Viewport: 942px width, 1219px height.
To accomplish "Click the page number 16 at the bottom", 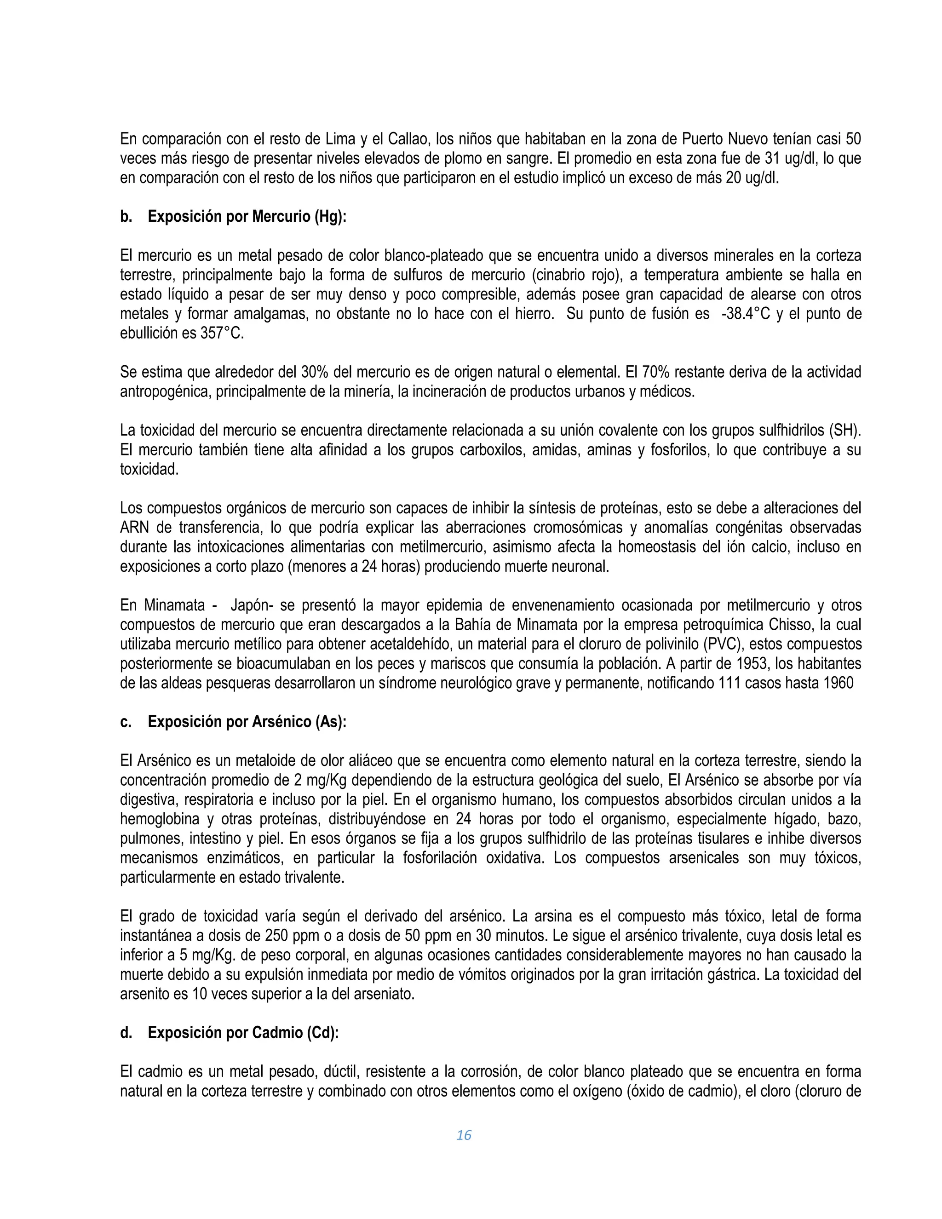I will pos(464,1135).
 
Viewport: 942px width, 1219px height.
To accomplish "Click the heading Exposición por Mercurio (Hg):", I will pos(247,217).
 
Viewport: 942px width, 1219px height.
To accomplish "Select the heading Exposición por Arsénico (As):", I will pos(247,722).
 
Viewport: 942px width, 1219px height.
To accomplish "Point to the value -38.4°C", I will pos(745,314).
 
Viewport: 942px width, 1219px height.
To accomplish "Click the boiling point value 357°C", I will pos(222,333).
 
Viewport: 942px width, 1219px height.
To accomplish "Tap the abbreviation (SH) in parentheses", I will pos(845,431).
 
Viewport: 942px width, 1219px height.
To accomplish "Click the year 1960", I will pos(838,683).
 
